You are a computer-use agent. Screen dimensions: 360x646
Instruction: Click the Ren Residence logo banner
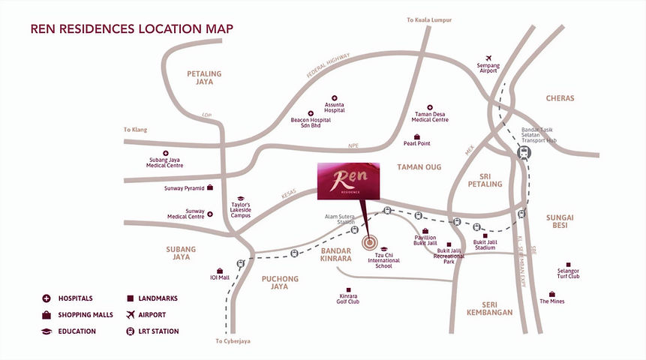point(348,181)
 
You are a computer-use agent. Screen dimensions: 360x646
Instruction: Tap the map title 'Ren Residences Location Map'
point(131,29)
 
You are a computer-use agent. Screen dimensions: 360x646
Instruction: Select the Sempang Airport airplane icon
point(488,58)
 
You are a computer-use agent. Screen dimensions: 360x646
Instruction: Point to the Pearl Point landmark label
point(416,143)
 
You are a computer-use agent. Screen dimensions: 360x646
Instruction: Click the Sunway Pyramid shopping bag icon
point(211,187)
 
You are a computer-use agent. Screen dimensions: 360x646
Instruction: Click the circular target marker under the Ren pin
point(369,242)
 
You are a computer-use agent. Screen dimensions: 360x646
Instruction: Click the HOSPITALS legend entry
point(74,298)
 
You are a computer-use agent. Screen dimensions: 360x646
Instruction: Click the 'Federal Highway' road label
point(329,70)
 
